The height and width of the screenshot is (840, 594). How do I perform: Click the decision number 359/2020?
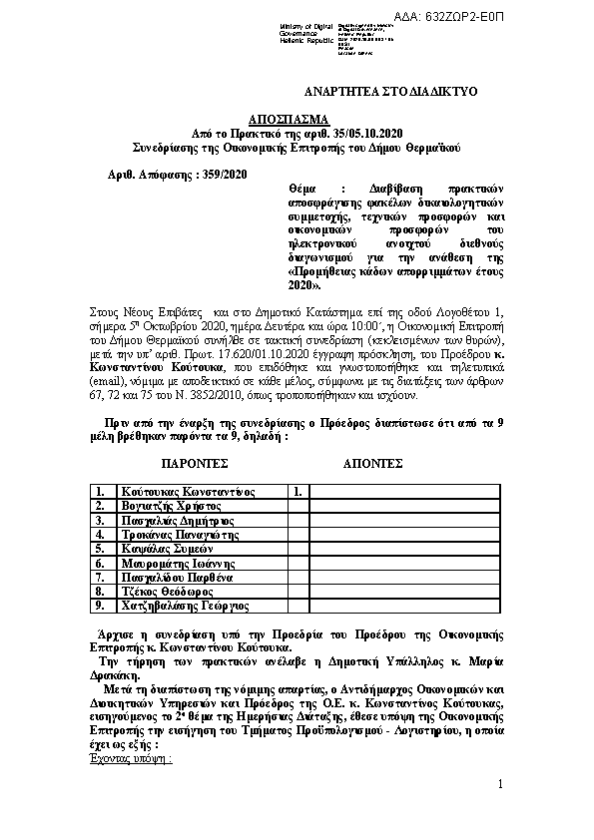tap(221, 175)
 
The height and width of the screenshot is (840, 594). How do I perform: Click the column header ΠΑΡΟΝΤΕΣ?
tap(195, 464)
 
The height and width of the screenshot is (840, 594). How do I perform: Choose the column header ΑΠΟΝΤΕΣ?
tap(372, 464)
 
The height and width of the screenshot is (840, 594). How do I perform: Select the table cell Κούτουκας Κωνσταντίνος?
tap(187, 492)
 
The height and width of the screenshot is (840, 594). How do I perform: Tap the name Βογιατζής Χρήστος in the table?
tap(164, 506)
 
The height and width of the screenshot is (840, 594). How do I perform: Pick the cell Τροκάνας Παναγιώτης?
tap(179, 534)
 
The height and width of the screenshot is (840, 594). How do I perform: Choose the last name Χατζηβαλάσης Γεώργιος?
tap(185, 606)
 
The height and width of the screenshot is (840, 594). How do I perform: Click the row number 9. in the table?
tap(100, 606)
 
